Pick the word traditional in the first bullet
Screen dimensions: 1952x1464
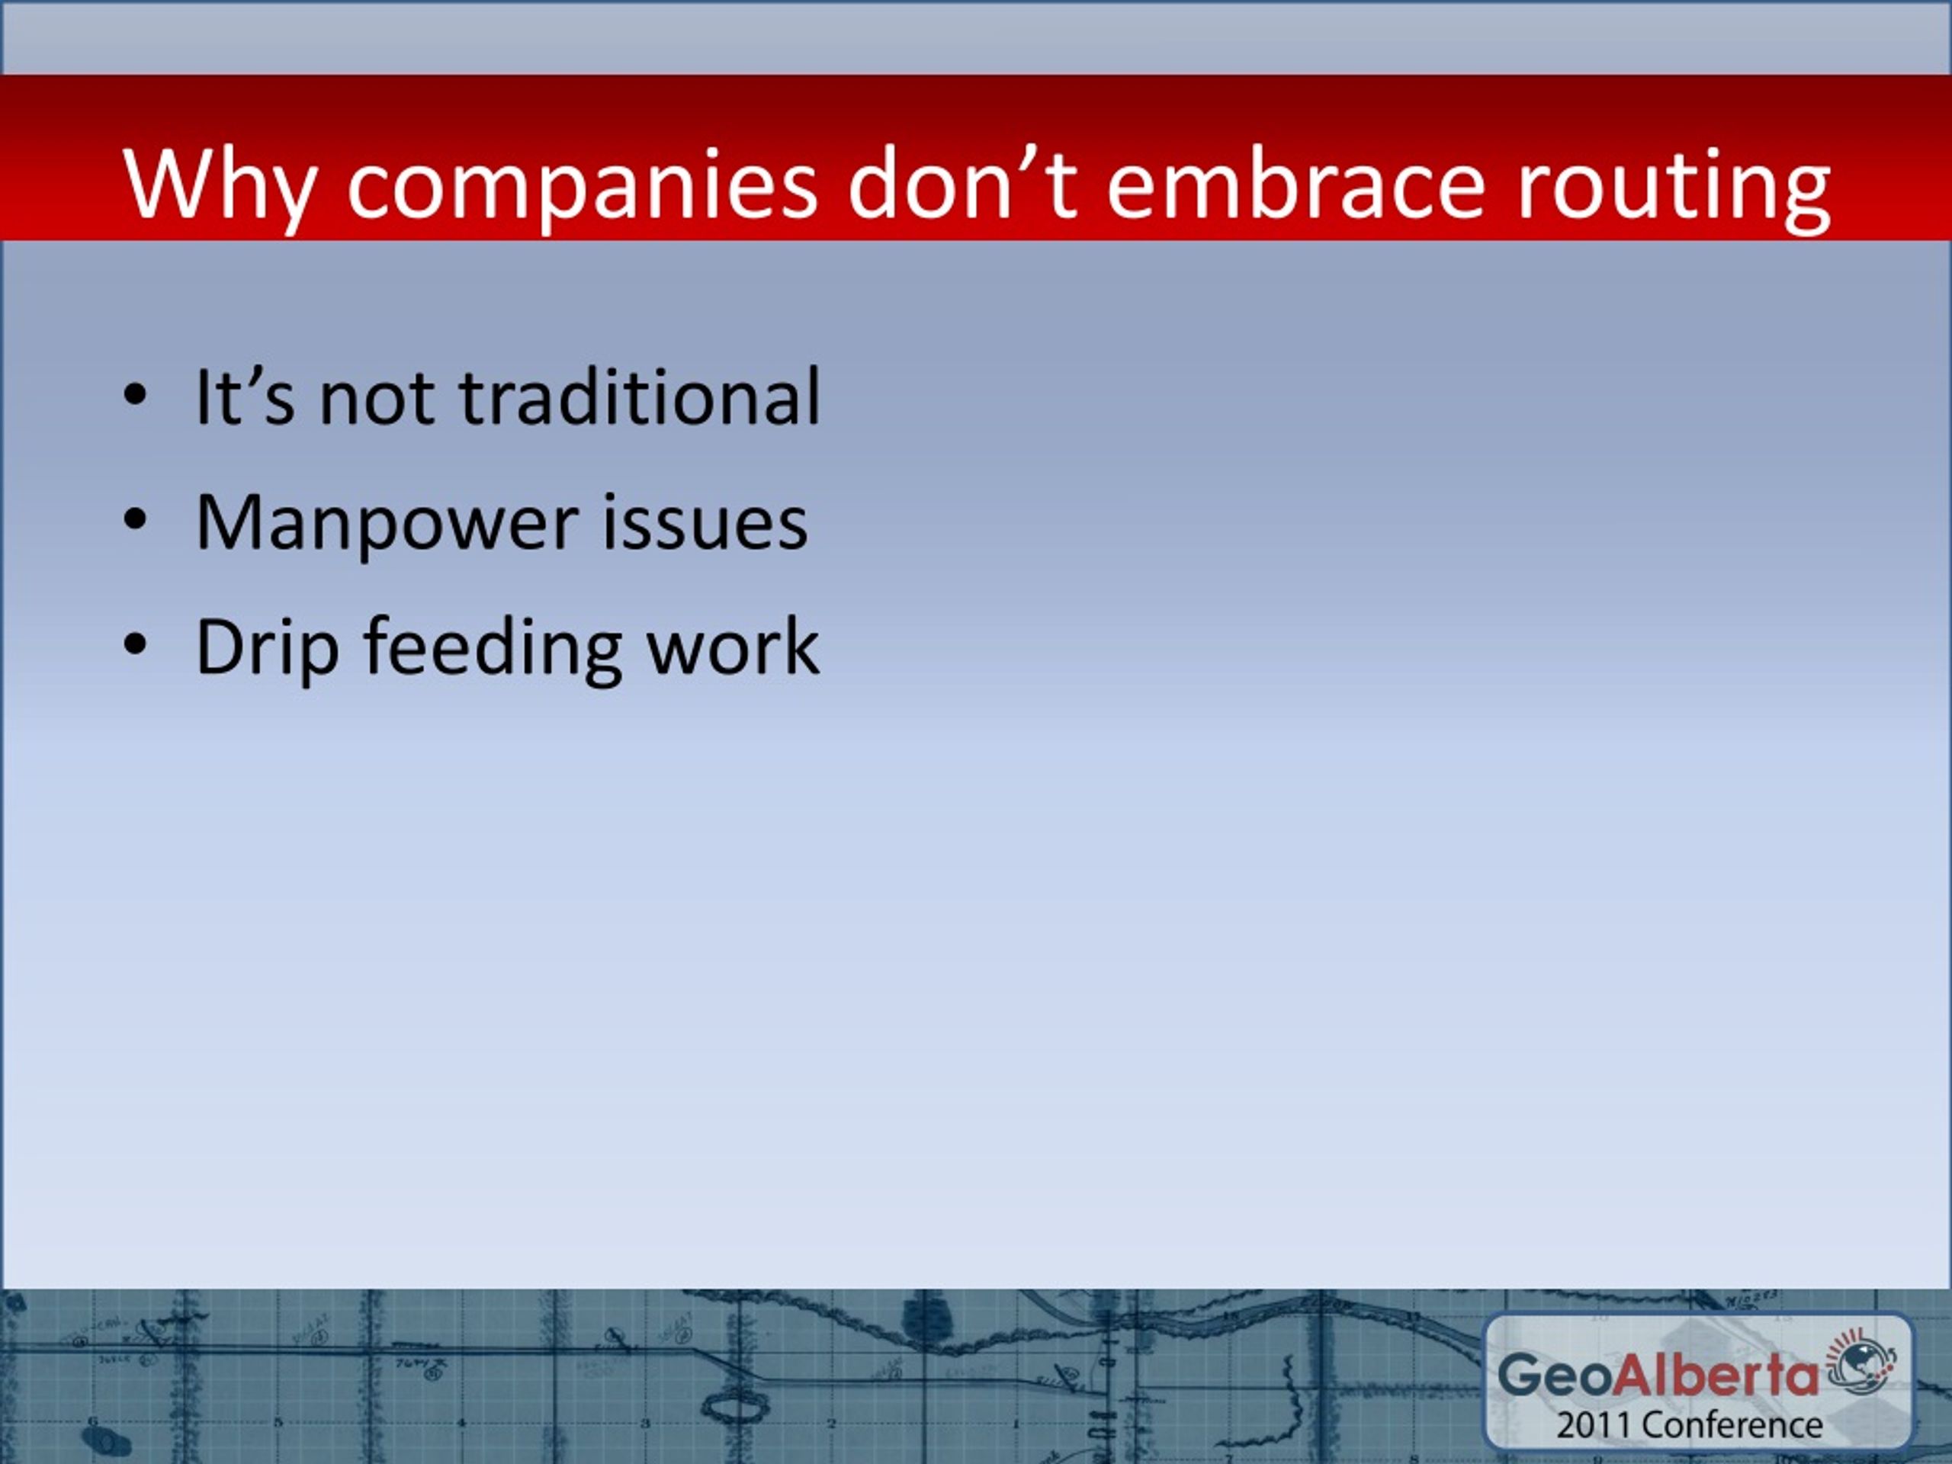click(640, 397)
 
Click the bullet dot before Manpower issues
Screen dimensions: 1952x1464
click(134, 522)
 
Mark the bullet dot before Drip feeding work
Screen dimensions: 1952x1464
click(134, 646)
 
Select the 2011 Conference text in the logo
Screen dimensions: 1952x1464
click(1689, 1425)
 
